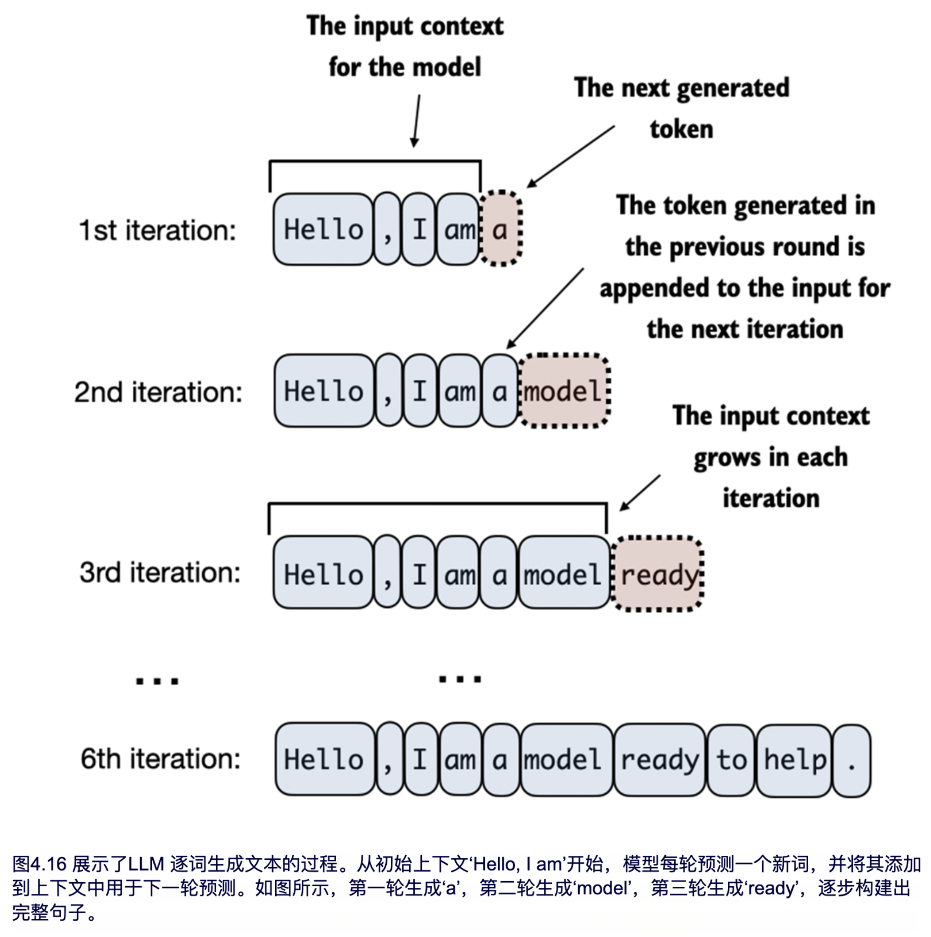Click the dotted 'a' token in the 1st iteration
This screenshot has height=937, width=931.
click(x=501, y=229)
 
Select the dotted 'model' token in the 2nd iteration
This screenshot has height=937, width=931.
click(x=563, y=391)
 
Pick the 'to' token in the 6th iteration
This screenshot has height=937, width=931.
click(x=731, y=760)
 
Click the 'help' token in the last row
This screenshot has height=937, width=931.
click(x=795, y=760)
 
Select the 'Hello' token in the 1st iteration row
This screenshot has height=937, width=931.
click(x=323, y=229)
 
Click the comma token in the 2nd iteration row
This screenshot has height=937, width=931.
click(x=388, y=391)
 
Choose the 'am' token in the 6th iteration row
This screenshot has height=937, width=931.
click(x=460, y=760)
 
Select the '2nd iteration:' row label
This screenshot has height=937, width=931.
click(x=158, y=392)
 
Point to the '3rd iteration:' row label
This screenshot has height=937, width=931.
click(x=159, y=573)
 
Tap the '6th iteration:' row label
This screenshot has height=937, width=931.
click(x=160, y=759)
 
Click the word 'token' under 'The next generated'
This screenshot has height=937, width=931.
click(x=681, y=129)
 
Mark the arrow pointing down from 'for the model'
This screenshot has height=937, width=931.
click(x=417, y=121)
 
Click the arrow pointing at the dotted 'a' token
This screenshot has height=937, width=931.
click(x=571, y=157)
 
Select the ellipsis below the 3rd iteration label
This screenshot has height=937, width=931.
click(x=157, y=681)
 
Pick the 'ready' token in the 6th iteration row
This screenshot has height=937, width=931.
click(x=659, y=760)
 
